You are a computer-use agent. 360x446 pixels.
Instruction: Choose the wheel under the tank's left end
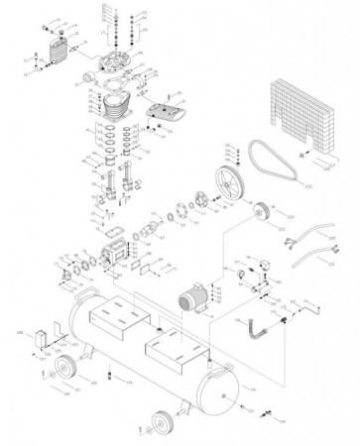point(67,370)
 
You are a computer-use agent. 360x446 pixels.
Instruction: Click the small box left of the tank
point(40,336)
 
